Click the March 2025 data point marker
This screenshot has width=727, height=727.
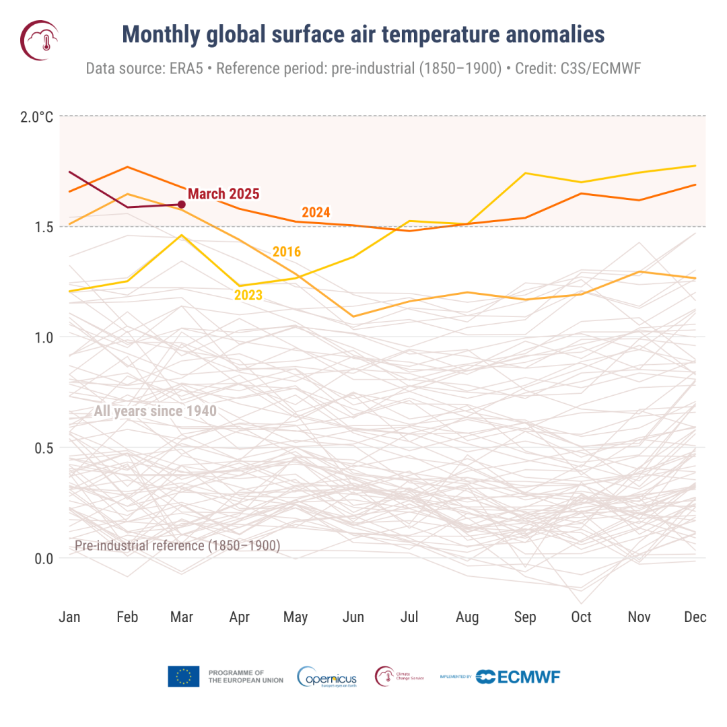(181, 204)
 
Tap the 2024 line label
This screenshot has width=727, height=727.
(316, 213)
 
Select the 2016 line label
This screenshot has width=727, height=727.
(286, 252)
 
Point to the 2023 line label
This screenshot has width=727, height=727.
(248, 295)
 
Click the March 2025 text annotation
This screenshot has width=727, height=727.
(223, 194)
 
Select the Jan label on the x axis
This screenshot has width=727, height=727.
(69, 617)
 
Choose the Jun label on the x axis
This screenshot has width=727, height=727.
(353, 617)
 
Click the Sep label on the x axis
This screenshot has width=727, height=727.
(524, 617)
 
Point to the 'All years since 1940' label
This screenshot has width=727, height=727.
(155, 411)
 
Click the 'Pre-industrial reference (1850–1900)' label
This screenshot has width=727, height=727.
(177, 545)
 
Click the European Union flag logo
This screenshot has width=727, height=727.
(183, 677)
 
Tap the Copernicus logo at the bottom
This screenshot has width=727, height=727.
(327, 677)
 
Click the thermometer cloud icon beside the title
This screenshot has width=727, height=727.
(40, 39)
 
